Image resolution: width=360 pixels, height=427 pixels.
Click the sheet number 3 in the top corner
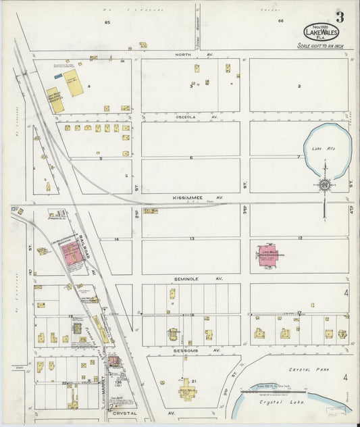click(338, 18)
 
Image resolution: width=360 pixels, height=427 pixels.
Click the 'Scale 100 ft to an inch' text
click(320, 46)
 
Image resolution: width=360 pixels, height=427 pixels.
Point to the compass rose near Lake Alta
click(324, 184)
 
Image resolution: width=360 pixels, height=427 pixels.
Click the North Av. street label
click(184, 54)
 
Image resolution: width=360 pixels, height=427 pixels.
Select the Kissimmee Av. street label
click(210, 198)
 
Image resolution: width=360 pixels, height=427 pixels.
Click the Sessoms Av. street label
click(207, 351)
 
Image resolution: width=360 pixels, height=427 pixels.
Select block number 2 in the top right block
click(299, 86)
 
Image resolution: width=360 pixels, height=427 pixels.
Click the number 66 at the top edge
click(280, 22)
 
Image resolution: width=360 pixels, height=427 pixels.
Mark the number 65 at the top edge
click(107, 22)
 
